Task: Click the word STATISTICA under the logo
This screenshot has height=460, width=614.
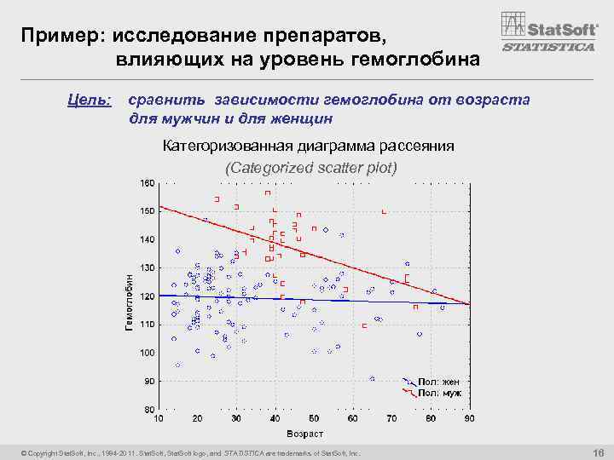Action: [x=548, y=48]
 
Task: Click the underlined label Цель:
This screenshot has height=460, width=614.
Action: [x=90, y=101]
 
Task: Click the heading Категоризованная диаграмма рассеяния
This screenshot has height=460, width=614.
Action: [x=308, y=146]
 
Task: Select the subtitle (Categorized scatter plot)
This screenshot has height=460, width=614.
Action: [x=310, y=167]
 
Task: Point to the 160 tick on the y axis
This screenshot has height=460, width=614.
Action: [x=148, y=183]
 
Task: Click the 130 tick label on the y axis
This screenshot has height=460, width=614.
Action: [x=148, y=268]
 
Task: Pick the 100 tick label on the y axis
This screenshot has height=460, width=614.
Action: [x=148, y=353]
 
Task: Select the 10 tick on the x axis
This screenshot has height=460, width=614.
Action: [x=159, y=418]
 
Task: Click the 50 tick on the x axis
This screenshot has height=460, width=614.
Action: [x=314, y=418]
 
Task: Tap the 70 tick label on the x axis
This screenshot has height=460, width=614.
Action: [x=391, y=418]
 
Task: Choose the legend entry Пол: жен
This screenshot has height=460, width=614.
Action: [x=438, y=382]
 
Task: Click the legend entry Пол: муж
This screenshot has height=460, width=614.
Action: [x=438, y=393]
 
